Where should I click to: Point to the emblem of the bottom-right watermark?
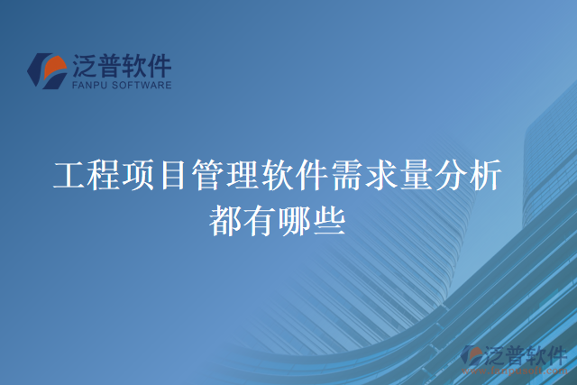(x=470, y=357)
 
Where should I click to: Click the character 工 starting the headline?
(x=69, y=175)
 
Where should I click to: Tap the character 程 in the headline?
(x=104, y=175)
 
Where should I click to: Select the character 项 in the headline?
(x=139, y=175)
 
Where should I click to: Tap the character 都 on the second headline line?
(x=225, y=219)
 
